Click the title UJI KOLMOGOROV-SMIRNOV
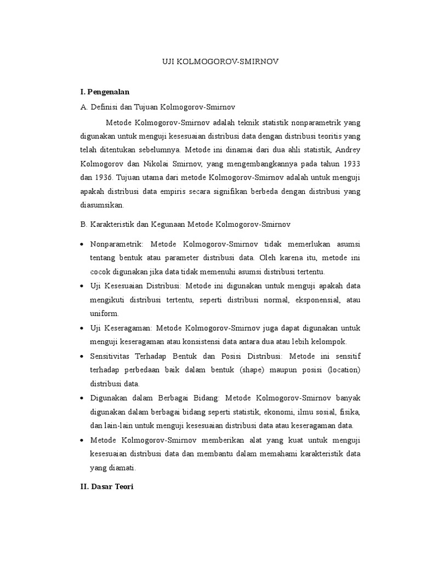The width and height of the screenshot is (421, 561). (220, 62)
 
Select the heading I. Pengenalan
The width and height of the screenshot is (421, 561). (105, 92)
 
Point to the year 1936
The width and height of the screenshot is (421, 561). (101, 178)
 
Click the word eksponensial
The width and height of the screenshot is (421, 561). (315, 300)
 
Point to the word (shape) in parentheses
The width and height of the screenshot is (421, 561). (253, 369)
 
